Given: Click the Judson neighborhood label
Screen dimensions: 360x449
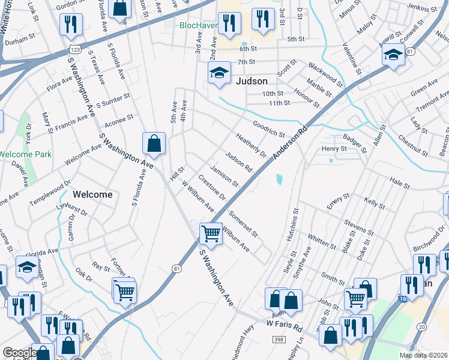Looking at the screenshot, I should [251, 80].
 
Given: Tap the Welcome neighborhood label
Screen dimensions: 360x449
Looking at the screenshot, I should [92, 194].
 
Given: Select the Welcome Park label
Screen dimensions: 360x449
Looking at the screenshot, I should [25, 154].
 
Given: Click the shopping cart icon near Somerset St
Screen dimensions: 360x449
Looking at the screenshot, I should [211, 233].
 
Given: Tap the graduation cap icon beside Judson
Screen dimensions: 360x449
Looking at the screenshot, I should [219, 73].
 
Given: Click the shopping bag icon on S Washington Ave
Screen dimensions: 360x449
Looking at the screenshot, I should [154, 143].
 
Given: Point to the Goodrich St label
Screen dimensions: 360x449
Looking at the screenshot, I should [268, 129].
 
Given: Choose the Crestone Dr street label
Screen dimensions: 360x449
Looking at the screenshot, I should [211, 188].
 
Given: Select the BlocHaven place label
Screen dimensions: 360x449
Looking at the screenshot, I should [199, 25].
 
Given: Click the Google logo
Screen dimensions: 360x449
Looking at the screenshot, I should [19, 353].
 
